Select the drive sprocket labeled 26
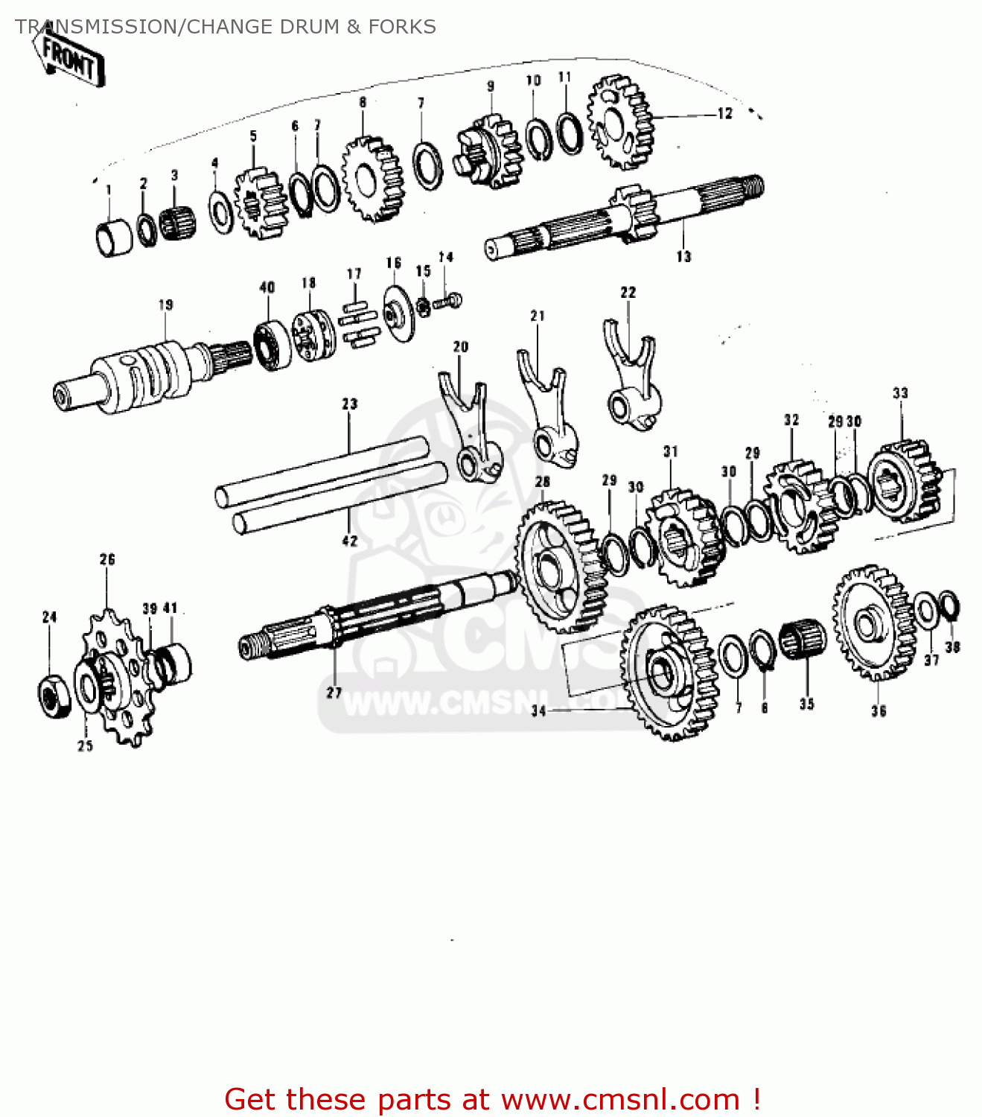click(119, 678)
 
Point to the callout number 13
click(683, 257)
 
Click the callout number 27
click(334, 693)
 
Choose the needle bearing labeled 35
click(803, 640)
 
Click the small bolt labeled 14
click(447, 302)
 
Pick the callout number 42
click(349, 541)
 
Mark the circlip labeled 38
click(949, 604)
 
